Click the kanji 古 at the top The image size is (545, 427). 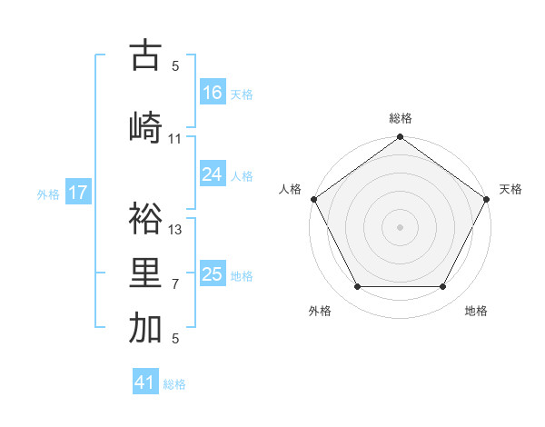click(x=145, y=55)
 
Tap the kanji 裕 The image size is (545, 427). click(x=145, y=218)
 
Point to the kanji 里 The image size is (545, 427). click(x=145, y=273)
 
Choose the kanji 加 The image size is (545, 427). click(x=145, y=328)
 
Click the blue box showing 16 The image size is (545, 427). click(x=213, y=93)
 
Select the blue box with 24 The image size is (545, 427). click(x=213, y=174)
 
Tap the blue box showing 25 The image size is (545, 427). click(x=213, y=274)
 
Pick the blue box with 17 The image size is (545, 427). click(x=78, y=193)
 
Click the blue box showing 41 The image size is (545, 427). click(x=145, y=382)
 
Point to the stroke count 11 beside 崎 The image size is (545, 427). click(x=175, y=139)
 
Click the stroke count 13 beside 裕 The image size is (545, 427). click(x=175, y=230)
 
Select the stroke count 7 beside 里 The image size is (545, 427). click(x=175, y=284)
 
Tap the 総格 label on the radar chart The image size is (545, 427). click(x=400, y=119)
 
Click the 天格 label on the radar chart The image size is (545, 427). click(x=510, y=189)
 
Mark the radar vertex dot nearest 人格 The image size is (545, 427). click(x=314, y=199)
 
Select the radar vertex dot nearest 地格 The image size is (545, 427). click(x=443, y=287)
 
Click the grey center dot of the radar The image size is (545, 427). click(x=400, y=226)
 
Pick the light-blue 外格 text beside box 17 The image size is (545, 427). click(x=48, y=194)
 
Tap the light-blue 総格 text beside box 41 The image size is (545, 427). click(x=174, y=384)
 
